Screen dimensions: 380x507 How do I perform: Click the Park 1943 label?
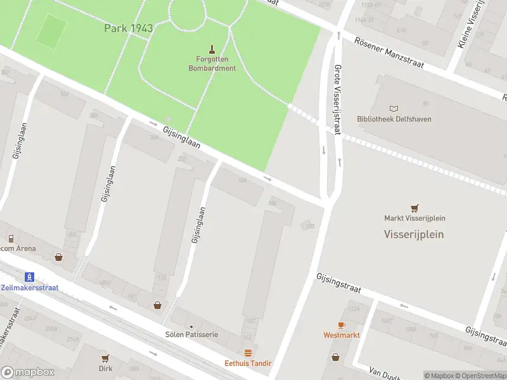pos(129,28)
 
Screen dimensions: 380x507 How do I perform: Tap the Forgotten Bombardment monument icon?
pos(212,49)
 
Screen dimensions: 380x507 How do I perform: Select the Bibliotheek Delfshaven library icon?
pos(395,110)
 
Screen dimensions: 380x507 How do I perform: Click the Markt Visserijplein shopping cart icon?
pos(414,208)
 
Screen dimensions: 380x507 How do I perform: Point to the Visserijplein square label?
pos(414,234)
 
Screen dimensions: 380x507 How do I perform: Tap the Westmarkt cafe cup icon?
pos(342,325)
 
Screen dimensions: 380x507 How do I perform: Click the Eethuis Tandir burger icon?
pos(248,353)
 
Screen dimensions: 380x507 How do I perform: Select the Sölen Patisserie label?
pos(191,334)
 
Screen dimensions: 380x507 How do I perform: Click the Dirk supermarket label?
pos(105,368)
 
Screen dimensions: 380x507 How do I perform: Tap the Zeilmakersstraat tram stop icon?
pos(29,277)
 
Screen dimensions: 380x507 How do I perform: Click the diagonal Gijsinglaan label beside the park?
pos(181,137)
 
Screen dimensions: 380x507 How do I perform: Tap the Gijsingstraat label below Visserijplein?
pos(338,283)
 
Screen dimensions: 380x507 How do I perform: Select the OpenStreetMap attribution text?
pos(481,376)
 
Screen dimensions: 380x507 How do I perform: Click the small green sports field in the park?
pos(51,30)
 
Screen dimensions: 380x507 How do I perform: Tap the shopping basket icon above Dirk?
pos(105,357)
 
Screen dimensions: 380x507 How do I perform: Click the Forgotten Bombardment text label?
pos(212,64)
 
